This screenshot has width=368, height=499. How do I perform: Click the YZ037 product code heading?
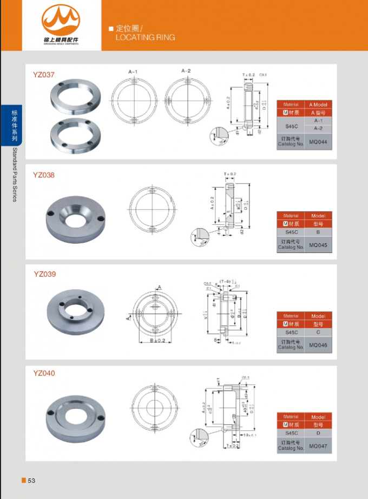click(44, 74)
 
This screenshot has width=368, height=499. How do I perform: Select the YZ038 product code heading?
click(44, 175)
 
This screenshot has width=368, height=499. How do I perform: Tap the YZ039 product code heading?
click(44, 274)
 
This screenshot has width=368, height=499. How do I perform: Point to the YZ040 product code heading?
click(44, 373)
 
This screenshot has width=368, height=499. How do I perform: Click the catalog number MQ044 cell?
click(318, 142)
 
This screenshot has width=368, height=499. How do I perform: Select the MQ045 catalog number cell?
click(318, 245)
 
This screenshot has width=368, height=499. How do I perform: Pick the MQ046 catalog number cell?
click(318, 345)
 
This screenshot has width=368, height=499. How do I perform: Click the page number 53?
click(31, 481)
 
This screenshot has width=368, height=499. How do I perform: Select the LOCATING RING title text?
click(146, 37)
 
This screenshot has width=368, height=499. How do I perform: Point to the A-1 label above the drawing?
click(133, 72)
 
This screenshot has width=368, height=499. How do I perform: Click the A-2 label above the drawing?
click(186, 71)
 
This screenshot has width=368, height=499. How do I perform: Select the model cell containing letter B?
click(318, 232)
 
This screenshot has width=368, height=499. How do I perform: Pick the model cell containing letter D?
click(318, 433)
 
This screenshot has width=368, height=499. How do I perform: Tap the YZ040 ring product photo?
click(76, 414)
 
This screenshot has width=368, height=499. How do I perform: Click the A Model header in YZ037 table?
click(318, 105)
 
